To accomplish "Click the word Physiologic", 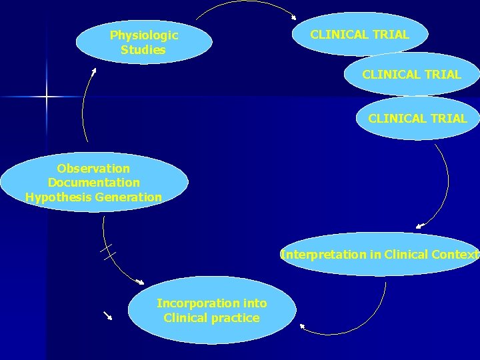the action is point(144,35).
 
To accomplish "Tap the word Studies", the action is point(143,50).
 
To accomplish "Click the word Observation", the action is point(93,168).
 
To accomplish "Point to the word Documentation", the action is point(94,183).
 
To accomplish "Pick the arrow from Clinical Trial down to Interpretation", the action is point(443,187).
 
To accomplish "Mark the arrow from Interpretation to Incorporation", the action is point(360,320).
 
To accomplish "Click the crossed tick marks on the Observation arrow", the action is point(108,252).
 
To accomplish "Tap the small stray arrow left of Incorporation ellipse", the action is point(107,315).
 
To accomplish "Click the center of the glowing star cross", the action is point(47,97).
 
